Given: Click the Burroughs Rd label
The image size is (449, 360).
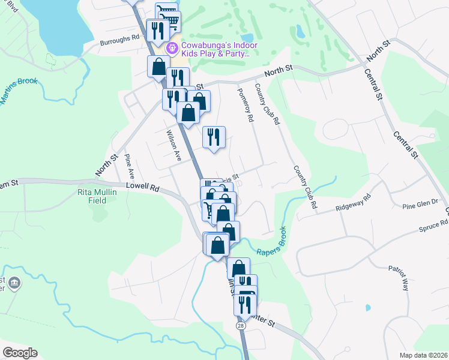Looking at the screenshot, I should coord(119,36).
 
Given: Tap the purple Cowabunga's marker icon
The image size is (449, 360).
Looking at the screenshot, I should coord(172,46).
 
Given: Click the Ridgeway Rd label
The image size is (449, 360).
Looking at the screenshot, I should coord(354,205).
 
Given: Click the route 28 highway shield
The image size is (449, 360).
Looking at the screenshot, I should coord(240,325).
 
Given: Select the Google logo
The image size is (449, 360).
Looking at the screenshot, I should coord(19,352).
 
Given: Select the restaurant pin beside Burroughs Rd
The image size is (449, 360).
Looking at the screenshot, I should coord(157,31).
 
